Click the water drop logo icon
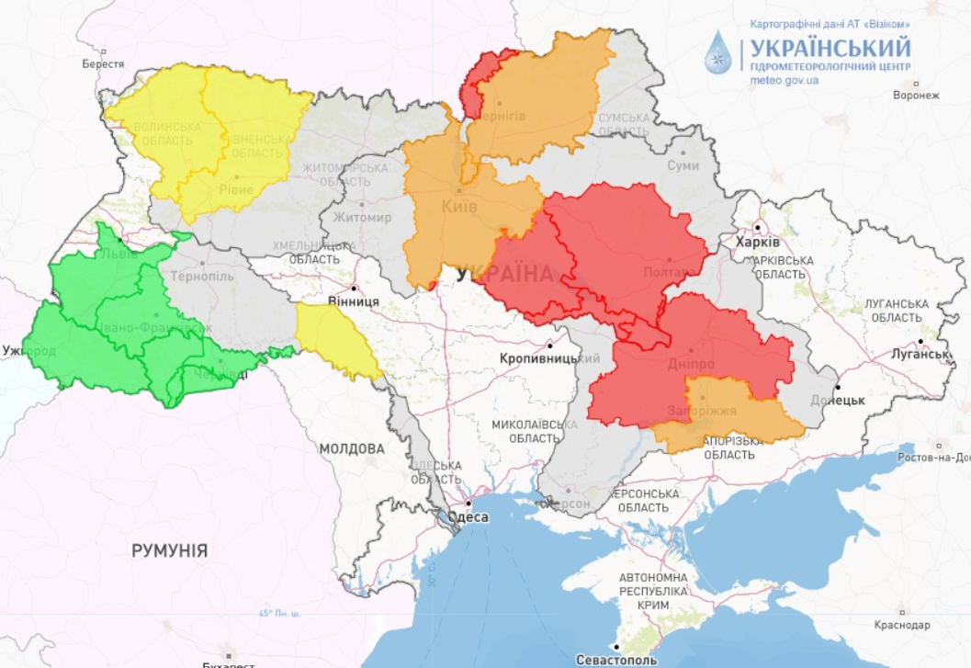(719, 52)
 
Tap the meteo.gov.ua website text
(785, 81)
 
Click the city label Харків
(758, 242)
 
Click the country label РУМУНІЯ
(169, 550)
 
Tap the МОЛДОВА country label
(352, 448)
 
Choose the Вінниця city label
(354, 300)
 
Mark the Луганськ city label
(919, 354)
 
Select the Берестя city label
(103, 63)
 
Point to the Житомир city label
(362, 217)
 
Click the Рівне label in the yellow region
(236, 189)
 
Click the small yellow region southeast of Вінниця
(336, 341)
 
